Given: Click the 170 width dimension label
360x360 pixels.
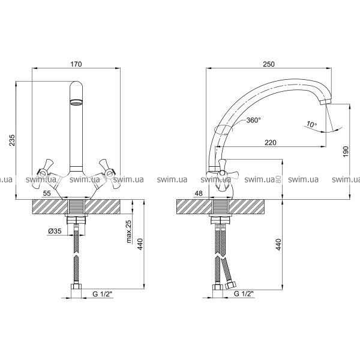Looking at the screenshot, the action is click(x=76, y=64).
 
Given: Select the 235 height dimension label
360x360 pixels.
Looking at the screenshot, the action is click(x=12, y=140).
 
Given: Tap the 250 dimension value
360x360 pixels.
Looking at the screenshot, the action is click(x=269, y=64).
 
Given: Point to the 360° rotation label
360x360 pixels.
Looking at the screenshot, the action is click(x=253, y=120).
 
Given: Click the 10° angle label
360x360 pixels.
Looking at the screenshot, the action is click(x=311, y=125).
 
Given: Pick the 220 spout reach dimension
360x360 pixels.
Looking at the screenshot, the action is click(x=271, y=143).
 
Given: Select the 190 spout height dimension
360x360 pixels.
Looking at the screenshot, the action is click(x=346, y=152).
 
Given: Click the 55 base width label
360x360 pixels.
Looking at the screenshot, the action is click(x=47, y=193).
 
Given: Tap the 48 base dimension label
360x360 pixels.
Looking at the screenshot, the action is click(x=199, y=193).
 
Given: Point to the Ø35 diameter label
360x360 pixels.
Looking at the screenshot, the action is click(x=55, y=231).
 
